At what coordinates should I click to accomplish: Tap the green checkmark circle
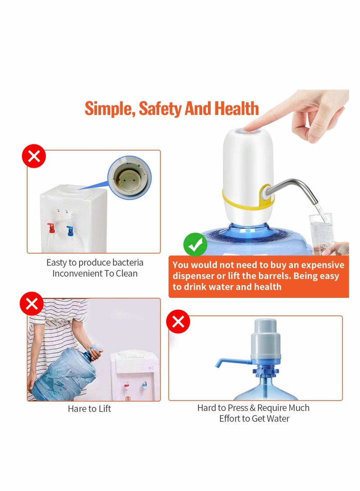click(195, 245)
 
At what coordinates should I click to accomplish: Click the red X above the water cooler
click(34, 156)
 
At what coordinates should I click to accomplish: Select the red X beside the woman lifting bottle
click(31, 304)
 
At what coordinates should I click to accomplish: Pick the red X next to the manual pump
click(178, 322)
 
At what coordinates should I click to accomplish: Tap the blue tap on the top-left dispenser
click(70, 230)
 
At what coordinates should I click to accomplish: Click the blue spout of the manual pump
click(229, 361)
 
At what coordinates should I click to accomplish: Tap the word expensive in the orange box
click(323, 265)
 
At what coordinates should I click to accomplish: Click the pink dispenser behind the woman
click(135, 374)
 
